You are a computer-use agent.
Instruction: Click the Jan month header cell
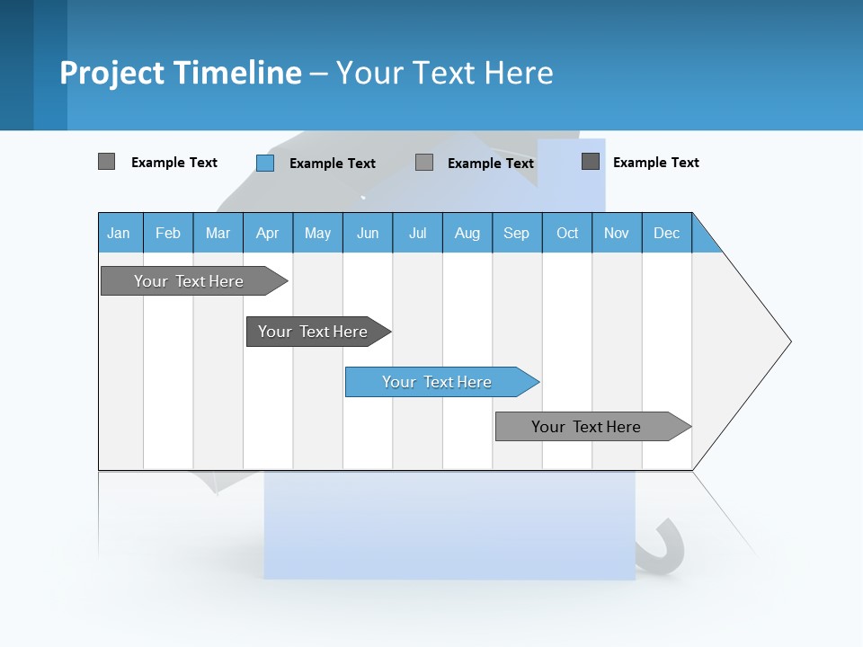pos(119,233)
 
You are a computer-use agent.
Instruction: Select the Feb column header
pos(168,233)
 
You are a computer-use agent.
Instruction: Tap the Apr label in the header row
pos(268,233)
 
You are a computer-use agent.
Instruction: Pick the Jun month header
pos(368,233)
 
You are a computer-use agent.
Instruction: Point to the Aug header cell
pos(467,233)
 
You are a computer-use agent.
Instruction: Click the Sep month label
pos(517,233)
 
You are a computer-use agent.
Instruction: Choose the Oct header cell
pos(567,233)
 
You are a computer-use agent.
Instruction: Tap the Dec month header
pos(667,233)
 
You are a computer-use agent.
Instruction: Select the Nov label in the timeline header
pos(617,233)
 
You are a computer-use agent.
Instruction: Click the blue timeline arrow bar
pos(440,382)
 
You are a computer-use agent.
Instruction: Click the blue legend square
pos(265,163)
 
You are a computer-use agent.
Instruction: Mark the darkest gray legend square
pos(591,162)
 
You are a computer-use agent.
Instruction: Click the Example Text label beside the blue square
pos(333,164)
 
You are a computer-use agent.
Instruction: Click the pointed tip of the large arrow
pos(788,341)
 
